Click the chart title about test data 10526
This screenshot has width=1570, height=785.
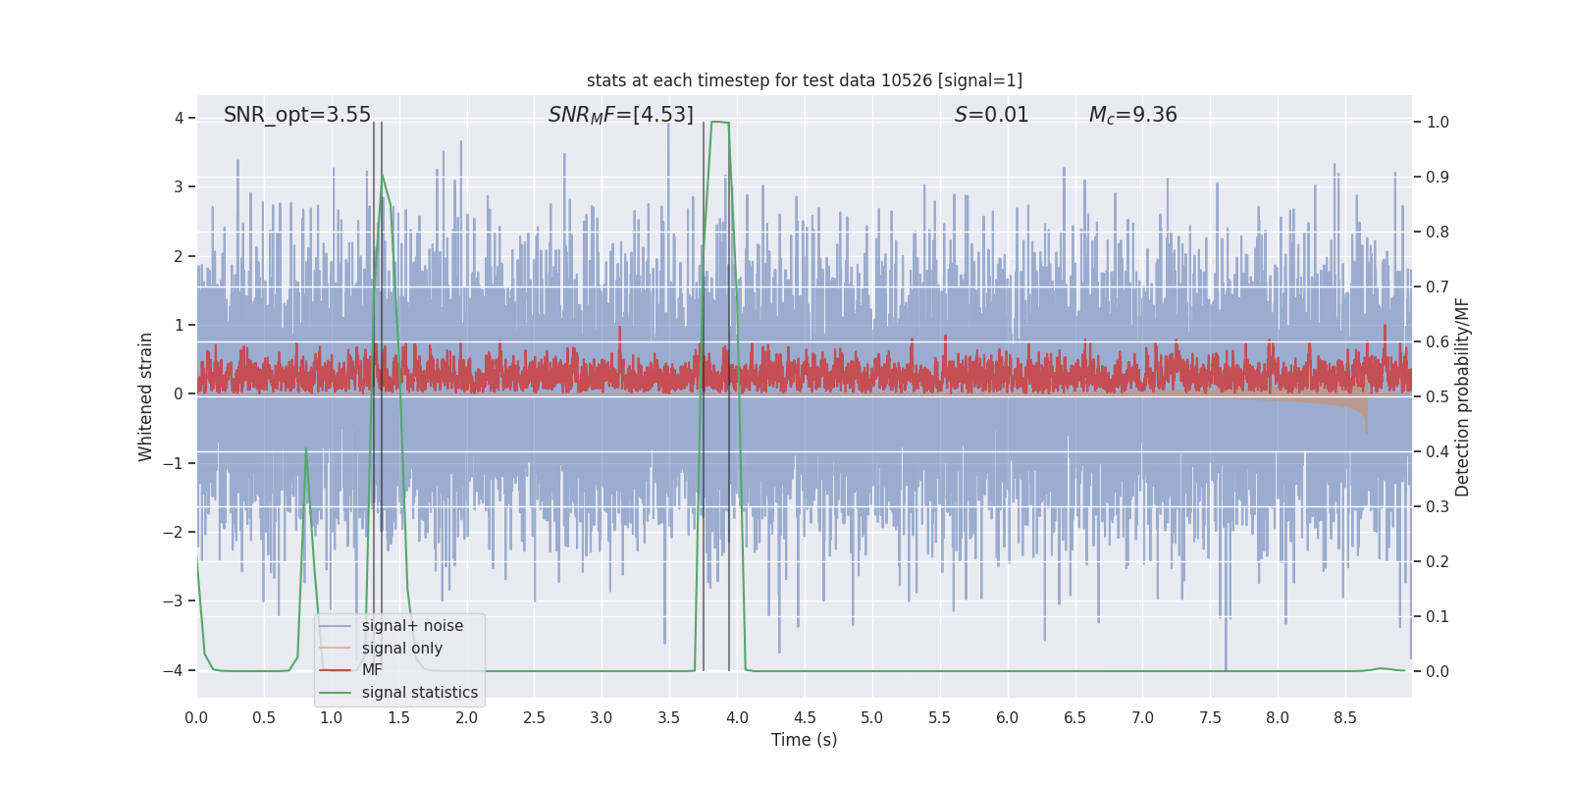click(804, 80)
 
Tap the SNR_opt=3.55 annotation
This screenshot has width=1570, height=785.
click(297, 115)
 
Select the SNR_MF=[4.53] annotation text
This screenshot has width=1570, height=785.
click(620, 115)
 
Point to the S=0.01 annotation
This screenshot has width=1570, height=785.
click(991, 115)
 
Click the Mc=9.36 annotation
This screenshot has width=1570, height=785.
click(1132, 115)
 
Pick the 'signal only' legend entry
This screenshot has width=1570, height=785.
click(401, 649)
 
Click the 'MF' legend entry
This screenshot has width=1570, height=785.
click(372, 670)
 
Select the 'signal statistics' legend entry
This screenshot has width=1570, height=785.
click(419, 693)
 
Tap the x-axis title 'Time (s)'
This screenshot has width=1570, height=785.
click(804, 740)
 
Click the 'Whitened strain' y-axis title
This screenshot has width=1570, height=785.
click(146, 396)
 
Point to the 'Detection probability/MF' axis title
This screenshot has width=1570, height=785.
click(1462, 396)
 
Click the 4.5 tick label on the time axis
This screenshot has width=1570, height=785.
click(805, 717)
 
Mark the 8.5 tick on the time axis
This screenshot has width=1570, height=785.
click(1345, 717)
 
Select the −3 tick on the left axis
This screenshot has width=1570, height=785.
click(178, 601)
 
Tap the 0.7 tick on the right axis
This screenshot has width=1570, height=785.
click(1437, 287)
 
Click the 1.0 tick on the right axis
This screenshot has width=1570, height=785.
click(1437, 122)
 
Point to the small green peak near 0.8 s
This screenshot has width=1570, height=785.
click(306, 449)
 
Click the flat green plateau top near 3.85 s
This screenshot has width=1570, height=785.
click(719, 122)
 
